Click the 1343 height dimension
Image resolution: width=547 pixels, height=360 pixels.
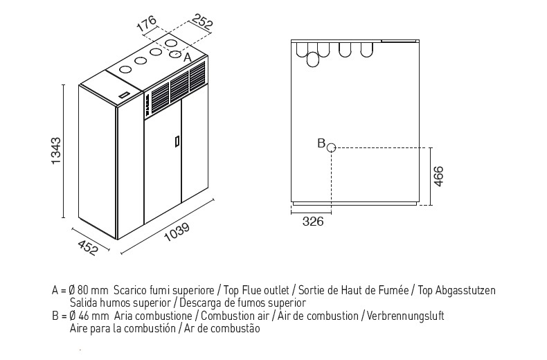pos(56,151)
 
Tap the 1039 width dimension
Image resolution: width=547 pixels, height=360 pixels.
pos(177,232)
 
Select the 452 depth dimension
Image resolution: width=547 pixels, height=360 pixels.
pos(87,248)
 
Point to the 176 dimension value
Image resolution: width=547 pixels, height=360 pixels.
pos(146,24)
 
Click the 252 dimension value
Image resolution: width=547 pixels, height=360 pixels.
pos(202,21)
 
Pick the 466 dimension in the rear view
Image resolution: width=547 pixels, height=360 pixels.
pos(438,177)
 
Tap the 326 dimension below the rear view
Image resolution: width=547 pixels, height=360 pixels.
pos(313,221)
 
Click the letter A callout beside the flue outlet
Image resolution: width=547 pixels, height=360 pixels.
pos(188,57)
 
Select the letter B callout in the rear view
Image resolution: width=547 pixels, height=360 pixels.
pos(321,143)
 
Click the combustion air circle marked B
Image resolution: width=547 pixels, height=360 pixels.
pos(331,148)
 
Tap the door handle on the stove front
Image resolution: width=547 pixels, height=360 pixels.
pos(177,142)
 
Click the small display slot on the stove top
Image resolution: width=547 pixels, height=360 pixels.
pos(123,95)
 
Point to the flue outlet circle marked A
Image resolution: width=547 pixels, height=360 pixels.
pos(175,54)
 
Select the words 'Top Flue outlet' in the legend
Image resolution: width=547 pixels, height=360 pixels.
pos(256,290)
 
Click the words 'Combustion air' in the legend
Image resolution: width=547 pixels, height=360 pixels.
pos(235,316)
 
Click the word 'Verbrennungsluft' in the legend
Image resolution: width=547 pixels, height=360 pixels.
pos(405,316)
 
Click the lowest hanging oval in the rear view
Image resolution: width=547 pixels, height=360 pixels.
pos(312,60)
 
